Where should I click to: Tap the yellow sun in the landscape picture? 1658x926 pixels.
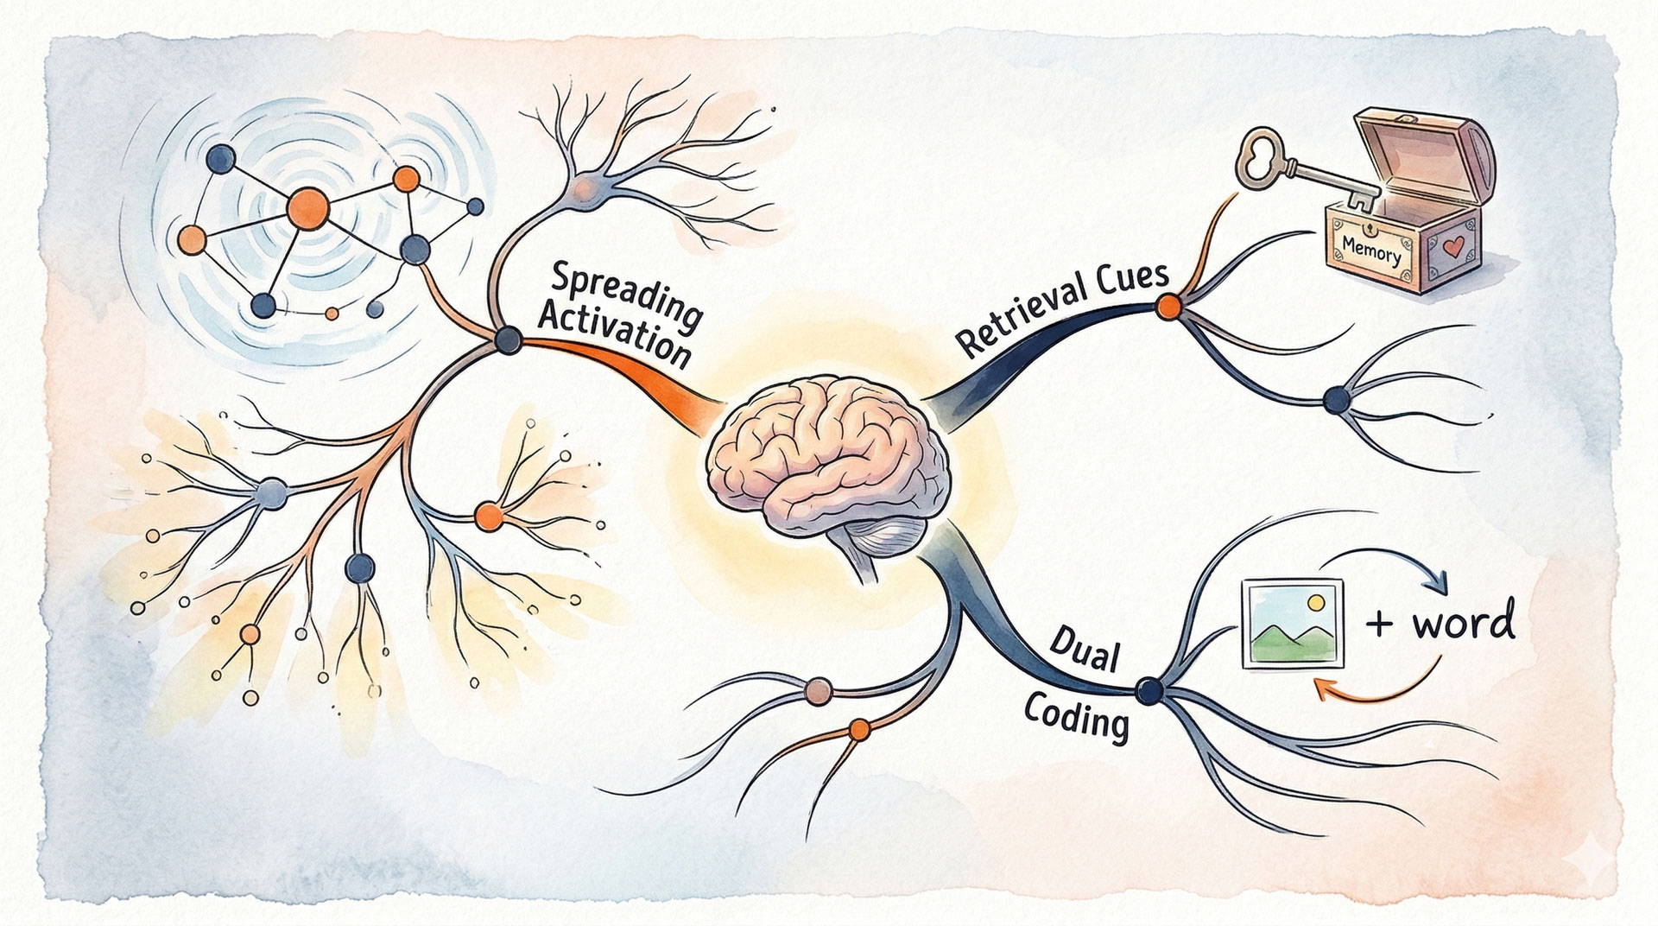1315,601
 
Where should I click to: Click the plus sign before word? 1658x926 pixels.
1380,624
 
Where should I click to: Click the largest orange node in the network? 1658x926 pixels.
307,208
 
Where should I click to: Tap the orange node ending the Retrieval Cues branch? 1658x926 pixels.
1168,305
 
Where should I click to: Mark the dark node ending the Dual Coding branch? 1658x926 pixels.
1149,688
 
